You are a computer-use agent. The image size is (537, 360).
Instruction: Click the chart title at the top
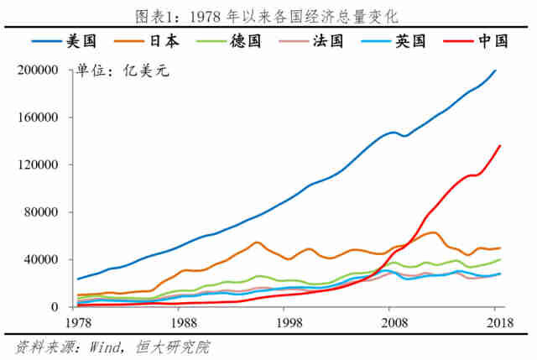tap(268, 15)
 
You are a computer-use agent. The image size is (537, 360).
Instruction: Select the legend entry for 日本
tap(148, 40)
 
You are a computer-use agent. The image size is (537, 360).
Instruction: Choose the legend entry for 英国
tap(400, 40)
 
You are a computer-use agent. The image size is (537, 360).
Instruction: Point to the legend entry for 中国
tap(484, 40)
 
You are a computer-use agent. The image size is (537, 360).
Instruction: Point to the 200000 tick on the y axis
tap(36, 71)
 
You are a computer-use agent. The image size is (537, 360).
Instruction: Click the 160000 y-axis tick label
tap(36, 118)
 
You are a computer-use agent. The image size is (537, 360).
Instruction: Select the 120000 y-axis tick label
tap(36, 165)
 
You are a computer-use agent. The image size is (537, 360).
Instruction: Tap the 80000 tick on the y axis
tap(39, 213)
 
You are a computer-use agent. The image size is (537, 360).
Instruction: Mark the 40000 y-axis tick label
tap(39, 260)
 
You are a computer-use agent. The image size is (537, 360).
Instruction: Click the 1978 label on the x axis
tap(79, 321)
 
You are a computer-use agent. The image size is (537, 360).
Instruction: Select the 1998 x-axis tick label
tap(289, 321)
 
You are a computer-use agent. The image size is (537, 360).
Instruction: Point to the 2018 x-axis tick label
tap(498, 321)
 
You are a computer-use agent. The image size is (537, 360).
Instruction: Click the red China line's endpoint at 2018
tap(500, 145)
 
